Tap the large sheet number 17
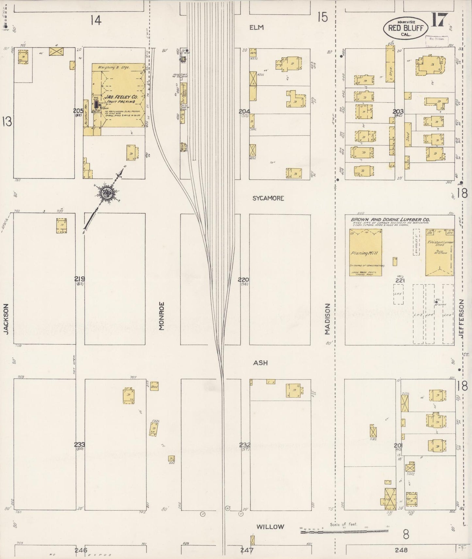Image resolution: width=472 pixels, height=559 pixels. click(438, 21)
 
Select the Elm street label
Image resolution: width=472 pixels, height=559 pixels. click(256, 28)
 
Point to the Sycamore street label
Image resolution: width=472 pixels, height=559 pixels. click(268, 198)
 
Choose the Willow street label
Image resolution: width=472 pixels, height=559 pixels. click(270, 526)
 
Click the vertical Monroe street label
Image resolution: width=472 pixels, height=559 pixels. click(161, 316)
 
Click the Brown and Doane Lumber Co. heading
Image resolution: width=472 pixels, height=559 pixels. click(390, 220)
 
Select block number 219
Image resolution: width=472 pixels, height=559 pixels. click(79, 279)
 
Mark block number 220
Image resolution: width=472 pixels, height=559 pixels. click(243, 279)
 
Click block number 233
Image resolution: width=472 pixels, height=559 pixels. click(79, 444)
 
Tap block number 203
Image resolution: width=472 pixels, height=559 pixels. click(399, 112)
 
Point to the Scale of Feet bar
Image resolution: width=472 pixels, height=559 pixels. click(344, 532)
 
